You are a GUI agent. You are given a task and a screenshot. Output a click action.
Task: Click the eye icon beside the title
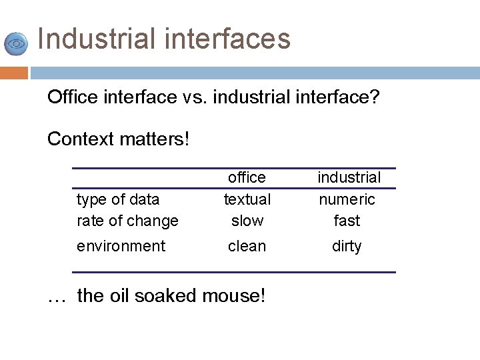(16, 43)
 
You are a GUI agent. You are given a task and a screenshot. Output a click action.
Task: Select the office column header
(247, 177)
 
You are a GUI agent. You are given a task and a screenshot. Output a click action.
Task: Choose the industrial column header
(349, 177)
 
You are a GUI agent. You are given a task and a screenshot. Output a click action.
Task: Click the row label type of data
(118, 199)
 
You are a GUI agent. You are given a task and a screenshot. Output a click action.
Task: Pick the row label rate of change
(127, 221)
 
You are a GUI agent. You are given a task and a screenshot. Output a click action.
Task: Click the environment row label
(121, 246)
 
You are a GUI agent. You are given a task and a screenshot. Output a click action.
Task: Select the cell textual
(247, 199)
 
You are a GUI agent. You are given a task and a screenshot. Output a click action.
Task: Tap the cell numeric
(347, 199)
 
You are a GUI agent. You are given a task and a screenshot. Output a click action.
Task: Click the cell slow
(247, 221)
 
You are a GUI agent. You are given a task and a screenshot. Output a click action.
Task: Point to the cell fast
(347, 221)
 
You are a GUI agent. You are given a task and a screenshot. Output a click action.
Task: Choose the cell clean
(247, 246)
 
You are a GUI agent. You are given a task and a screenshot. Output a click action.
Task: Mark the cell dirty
(347, 246)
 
